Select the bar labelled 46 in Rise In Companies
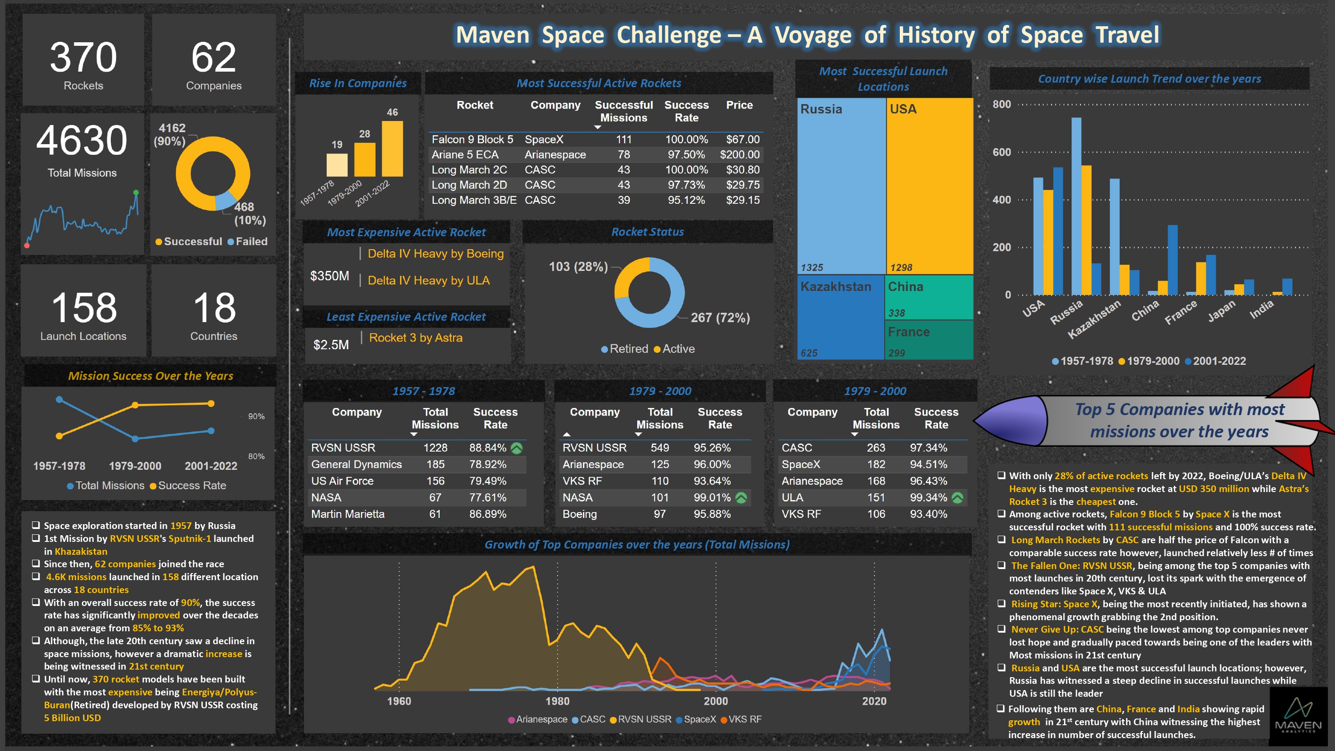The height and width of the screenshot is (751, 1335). point(392,149)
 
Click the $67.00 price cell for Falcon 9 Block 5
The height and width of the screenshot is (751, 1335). point(742,139)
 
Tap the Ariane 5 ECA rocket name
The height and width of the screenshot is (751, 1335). point(465,154)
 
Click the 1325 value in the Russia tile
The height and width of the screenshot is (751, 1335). point(812,267)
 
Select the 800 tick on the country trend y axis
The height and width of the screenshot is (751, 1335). point(1001,104)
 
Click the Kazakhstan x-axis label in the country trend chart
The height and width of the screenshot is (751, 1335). point(1093,319)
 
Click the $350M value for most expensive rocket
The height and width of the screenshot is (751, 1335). point(330,276)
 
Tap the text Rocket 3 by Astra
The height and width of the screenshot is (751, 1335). point(416,338)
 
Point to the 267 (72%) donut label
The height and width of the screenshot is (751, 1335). point(720,318)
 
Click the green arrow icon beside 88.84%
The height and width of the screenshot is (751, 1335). point(517,448)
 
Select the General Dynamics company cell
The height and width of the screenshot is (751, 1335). point(356,464)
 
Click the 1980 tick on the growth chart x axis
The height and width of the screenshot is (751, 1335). point(557,701)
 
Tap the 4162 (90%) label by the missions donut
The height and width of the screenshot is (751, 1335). point(170,135)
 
